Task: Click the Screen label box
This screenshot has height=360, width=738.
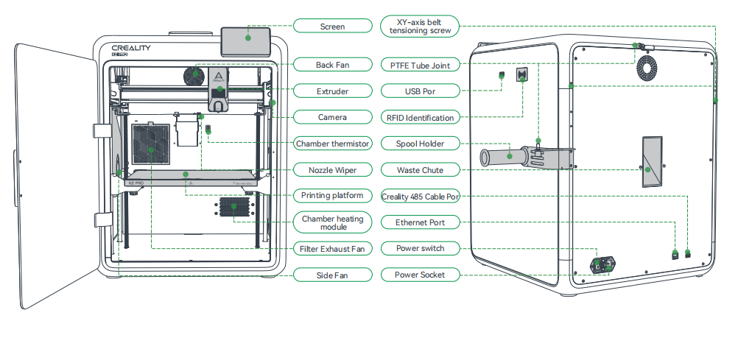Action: point(332,27)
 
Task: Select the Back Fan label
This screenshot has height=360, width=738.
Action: point(332,65)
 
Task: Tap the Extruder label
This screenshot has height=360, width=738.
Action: point(332,91)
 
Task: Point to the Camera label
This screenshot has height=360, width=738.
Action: point(332,117)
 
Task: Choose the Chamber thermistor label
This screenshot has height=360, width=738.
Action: point(332,143)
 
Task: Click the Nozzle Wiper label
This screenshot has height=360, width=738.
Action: point(332,170)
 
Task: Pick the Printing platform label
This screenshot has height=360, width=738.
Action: point(332,196)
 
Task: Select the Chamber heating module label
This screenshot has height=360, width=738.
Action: point(332,222)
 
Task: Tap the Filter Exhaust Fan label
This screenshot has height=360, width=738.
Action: point(332,249)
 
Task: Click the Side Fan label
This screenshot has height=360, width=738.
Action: point(332,275)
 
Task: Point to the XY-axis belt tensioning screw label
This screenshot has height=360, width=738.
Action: point(420,27)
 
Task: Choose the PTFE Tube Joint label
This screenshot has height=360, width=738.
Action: point(420,65)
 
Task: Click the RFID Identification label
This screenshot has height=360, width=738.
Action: point(420,117)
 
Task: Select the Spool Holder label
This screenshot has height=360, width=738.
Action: point(420,143)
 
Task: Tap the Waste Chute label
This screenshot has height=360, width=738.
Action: point(420,170)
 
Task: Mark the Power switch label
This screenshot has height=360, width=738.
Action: point(420,249)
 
